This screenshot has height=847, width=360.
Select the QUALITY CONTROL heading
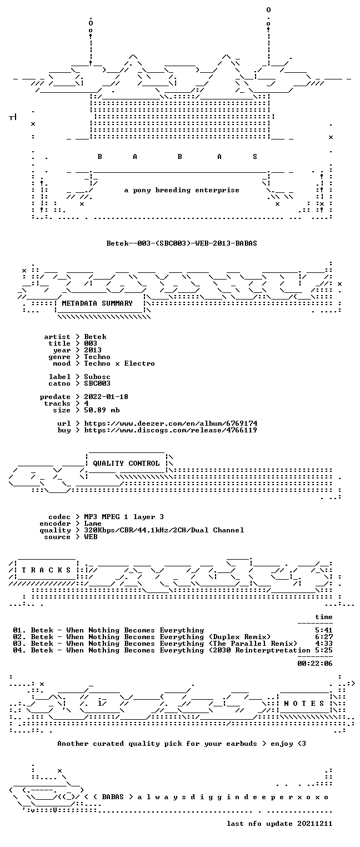click(x=126, y=463)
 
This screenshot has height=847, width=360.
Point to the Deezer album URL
click(x=171, y=423)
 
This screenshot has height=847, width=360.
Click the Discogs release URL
click(x=171, y=430)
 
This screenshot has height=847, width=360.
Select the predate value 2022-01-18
click(x=106, y=397)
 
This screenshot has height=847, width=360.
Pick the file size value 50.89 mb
click(x=102, y=410)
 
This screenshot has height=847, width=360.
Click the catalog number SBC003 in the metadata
click(x=97, y=383)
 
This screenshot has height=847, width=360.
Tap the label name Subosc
click(x=97, y=377)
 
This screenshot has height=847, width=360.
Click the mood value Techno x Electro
click(x=119, y=363)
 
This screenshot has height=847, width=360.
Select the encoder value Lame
click(x=93, y=524)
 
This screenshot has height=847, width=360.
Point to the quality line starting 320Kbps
click(x=164, y=530)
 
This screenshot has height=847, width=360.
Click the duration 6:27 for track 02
click(x=324, y=637)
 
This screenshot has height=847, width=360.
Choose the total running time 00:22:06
click(x=315, y=663)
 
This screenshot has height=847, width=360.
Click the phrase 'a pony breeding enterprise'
click(x=182, y=190)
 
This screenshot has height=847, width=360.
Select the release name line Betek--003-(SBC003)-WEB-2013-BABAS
click(x=182, y=243)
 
